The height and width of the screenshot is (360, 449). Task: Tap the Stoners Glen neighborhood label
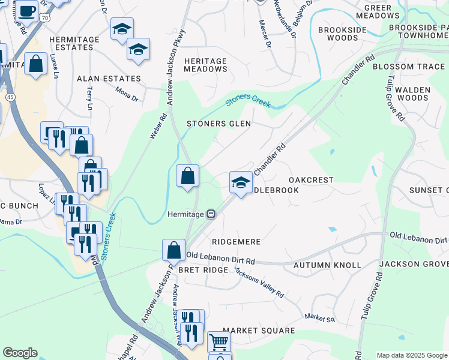[x=218, y=124]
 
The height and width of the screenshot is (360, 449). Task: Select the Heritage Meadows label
[x=206, y=65]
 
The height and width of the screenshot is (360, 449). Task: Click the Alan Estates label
[x=109, y=79]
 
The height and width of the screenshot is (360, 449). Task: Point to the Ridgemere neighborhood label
[x=236, y=242]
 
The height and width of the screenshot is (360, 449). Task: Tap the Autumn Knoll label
[x=327, y=265]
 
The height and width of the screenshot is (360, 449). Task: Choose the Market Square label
[x=259, y=331]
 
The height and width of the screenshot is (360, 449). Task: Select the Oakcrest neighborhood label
[x=310, y=180]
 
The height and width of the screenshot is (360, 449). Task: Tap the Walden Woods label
[x=414, y=93]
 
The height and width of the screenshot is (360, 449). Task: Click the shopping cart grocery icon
[x=218, y=341]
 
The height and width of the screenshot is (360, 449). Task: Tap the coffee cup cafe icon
[x=26, y=10]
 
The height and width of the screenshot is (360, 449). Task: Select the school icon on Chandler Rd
[x=241, y=183]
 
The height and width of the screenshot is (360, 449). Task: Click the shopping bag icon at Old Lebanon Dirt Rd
[x=173, y=249]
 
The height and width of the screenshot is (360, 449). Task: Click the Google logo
[x=20, y=353]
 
